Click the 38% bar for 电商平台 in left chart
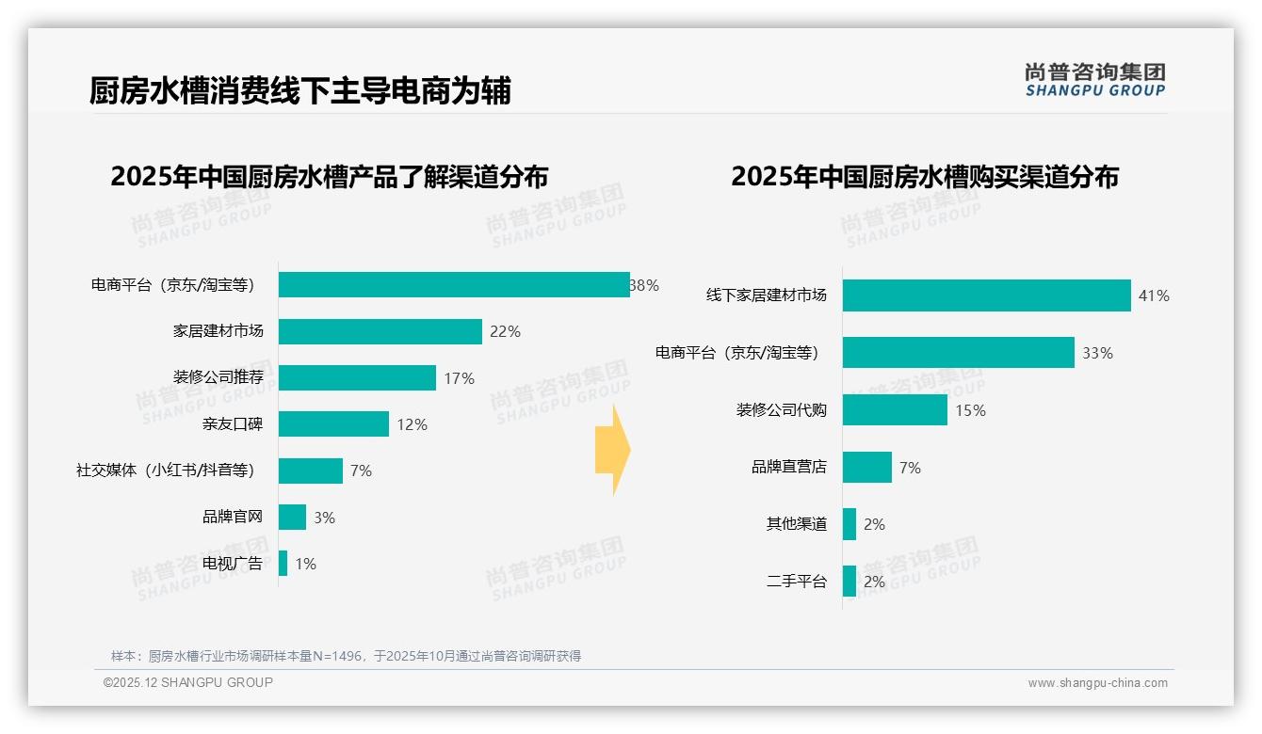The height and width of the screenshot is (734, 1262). [453, 285]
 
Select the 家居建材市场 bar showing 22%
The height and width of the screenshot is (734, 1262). [380, 331]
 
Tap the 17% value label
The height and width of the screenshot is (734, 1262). [459, 378]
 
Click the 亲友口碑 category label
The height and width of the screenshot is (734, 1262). [233, 424]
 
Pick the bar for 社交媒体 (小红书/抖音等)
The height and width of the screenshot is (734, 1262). [310, 471]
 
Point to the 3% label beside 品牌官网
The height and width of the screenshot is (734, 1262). [324, 518]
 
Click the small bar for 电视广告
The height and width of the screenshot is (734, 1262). [283, 564]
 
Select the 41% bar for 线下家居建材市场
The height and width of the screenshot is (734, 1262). [986, 295]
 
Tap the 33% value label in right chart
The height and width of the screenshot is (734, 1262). [1097, 354]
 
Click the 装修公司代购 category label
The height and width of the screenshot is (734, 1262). [781, 410]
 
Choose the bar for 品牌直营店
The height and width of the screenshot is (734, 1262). [866, 468]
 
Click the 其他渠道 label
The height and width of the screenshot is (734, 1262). [796, 524]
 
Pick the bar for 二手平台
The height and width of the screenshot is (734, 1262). [849, 582]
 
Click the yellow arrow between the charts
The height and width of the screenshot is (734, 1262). [613, 450]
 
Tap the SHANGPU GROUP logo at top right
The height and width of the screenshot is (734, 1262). [1094, 80]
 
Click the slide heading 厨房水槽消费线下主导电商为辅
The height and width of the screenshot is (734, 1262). [299, 91]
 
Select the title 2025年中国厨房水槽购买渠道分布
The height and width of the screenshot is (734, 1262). [924, 177]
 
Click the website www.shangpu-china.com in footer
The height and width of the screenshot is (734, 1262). [1097, 683]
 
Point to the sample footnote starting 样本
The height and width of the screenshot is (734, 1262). [346, 656]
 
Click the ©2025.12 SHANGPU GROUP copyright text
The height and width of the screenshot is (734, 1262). [187, 682]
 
